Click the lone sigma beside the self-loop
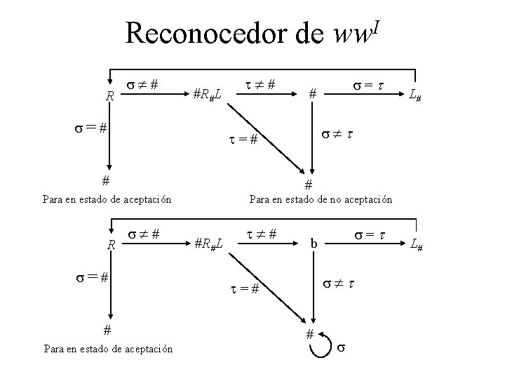click(x=342, y=347)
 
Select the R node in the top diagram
click(x=109, y=95)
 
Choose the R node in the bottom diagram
click(x=110, y=245)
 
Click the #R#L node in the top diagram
click(x=208, y=93)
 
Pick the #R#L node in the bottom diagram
click(x=208, y=244)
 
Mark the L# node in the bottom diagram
click(x=416, y=245)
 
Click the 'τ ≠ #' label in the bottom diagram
click(x=260, y=233)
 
